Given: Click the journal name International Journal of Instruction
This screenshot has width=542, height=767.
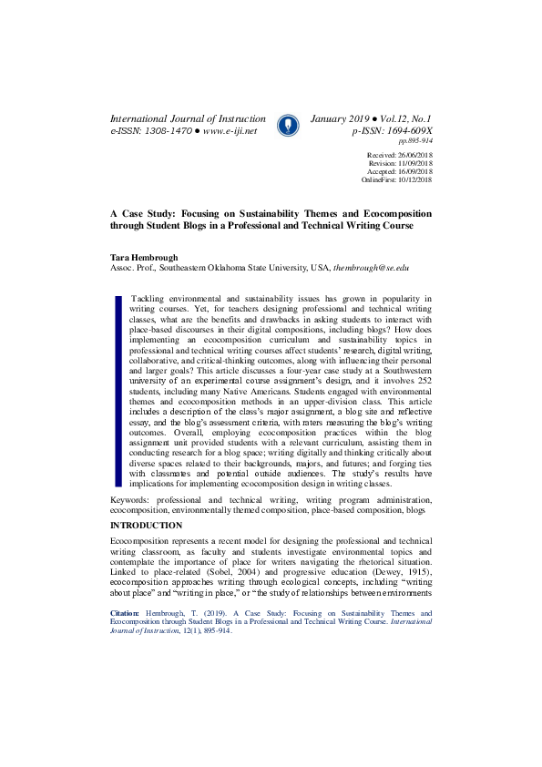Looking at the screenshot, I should click(x=188, y=118).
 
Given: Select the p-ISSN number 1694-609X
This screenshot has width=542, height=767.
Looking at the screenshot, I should click(x=400, y=130).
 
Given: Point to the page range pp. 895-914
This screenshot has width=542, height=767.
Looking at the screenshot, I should click(x=415, y=141).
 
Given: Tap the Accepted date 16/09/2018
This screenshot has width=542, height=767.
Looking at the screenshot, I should click(x=411, y=172).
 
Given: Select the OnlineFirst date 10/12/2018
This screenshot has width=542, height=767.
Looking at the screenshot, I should click(x=411, y=180).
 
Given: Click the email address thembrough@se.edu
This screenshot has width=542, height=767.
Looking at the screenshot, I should click(x=372, y=270).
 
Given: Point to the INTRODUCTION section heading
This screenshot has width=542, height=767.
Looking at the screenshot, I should click(x=146, y=526).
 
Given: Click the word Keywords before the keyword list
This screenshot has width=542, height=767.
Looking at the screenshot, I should click(x=129, y=501).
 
